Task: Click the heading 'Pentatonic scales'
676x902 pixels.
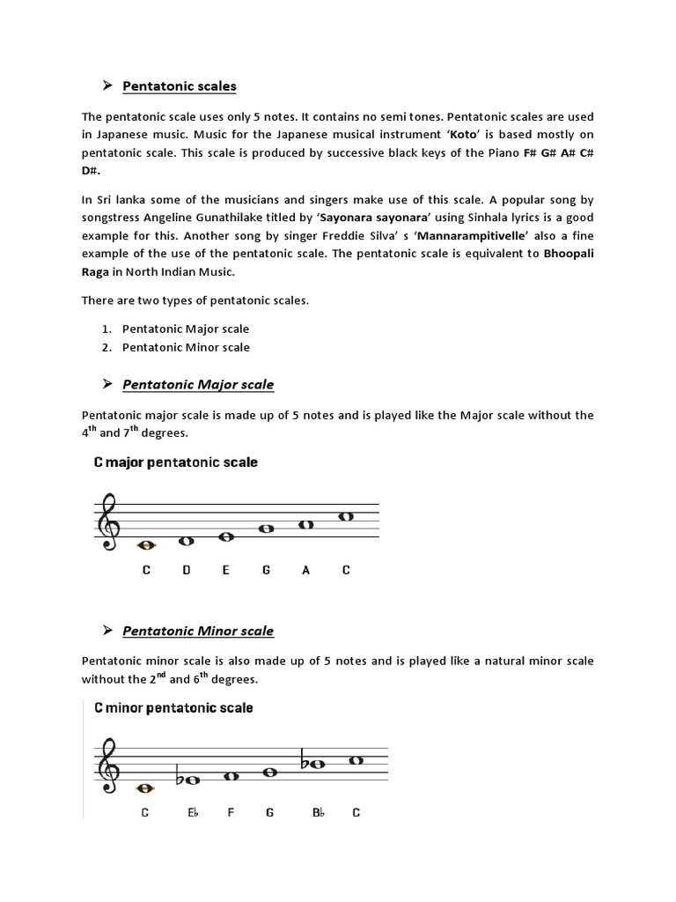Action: coord(180,86)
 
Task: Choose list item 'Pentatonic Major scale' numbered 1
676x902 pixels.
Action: coord(186,329)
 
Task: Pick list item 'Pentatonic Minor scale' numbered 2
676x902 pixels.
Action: coord(186,347)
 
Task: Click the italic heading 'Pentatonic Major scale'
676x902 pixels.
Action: coord(198,385)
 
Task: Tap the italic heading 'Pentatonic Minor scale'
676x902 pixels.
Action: coord(198,631)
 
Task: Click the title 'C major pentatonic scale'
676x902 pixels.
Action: coord(176,462)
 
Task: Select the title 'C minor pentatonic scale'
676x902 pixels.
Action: coord(173,708)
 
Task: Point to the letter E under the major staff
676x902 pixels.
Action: coord(226,571)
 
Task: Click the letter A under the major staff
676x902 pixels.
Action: coord(306,571)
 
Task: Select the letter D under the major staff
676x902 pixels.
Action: coord(187,571)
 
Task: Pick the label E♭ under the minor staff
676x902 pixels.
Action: coord(193,813)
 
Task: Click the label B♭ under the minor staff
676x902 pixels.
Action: coord(319,813)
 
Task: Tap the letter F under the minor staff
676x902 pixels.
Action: coord(231,813)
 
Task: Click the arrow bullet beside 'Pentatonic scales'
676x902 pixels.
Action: coord(107,85)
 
